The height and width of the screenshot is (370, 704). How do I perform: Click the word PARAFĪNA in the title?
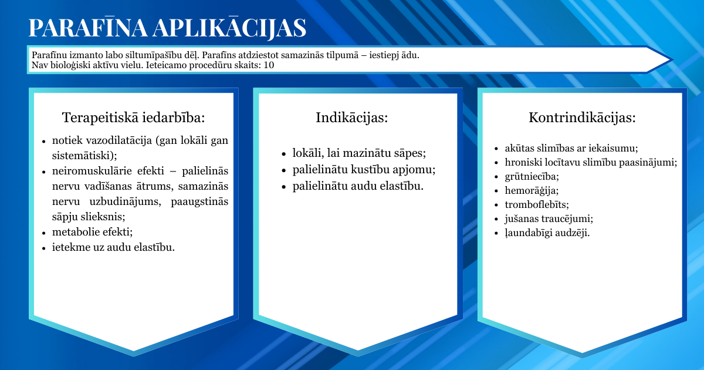tap(88, 28)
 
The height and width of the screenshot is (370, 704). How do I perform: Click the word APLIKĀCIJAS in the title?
tap(230, 28)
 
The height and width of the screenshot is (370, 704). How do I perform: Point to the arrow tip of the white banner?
tap(672, 59)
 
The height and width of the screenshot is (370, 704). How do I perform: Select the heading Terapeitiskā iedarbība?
tap(134, 117)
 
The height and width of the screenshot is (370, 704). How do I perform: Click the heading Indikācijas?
tap(351, 117)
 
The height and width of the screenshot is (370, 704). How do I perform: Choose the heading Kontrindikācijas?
tap(582, 117)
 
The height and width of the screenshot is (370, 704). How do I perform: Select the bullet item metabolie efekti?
tap(93, 232)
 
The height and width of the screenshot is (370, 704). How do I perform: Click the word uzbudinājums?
tap(125, 201)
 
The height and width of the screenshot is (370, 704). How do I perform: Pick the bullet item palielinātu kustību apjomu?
tap(364, 170)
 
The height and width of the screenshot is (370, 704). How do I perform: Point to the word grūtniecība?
tap(531, 176)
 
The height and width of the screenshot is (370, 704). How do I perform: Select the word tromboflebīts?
tap(536, 204)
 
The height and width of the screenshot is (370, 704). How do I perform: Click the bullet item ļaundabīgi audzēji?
tap(547, 233)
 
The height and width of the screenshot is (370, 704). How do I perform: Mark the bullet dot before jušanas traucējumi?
tap(496, 219)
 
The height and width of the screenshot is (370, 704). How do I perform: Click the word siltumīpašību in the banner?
tap(154, 55)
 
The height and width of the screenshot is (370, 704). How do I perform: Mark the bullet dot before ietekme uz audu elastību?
tap(44, 248)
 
